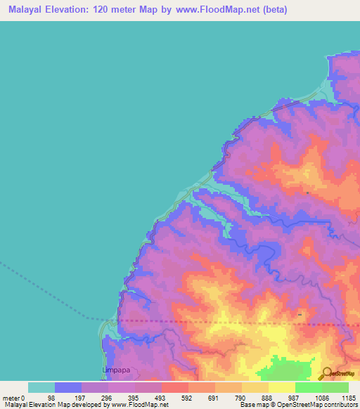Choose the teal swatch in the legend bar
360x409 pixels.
coord(41,387)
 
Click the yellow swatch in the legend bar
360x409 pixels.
coord(281,387)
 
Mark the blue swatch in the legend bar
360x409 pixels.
coord(68,387)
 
